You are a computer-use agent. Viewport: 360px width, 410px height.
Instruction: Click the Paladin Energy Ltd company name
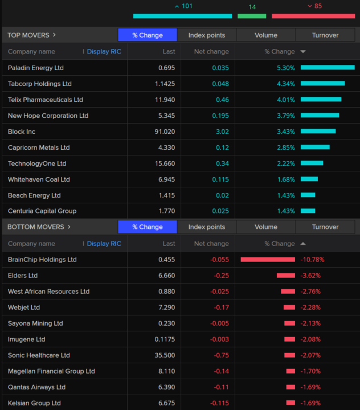click(x=36, y=68)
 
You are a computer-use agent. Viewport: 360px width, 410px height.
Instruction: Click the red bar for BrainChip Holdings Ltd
click(x=268, y=260)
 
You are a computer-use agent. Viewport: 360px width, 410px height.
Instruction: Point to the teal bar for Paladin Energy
click(x=328, y=68)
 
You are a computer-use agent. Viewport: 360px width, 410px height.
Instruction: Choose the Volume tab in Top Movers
click(x=266, y=35)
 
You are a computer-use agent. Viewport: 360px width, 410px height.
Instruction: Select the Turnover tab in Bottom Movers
click(x=325, y=227)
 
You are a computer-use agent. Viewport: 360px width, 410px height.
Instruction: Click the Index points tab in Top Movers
click(x=207, y=35)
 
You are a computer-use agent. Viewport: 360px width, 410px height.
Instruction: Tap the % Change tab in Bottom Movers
click(x=148, y=227)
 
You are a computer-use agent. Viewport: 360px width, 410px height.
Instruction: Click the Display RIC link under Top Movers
click(x=104, y=52)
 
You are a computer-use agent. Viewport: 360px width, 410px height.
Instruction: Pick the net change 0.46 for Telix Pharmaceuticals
click(x=222, y=100)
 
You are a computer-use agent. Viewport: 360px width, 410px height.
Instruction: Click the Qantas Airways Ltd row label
click(x=37, y=387)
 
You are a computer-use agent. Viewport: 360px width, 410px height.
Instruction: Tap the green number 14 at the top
click(x=252, y=7)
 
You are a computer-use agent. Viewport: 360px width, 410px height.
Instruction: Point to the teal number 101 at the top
click(x=187, y=6)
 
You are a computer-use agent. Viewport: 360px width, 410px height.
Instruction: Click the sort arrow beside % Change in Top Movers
click(x=303, y=52)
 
